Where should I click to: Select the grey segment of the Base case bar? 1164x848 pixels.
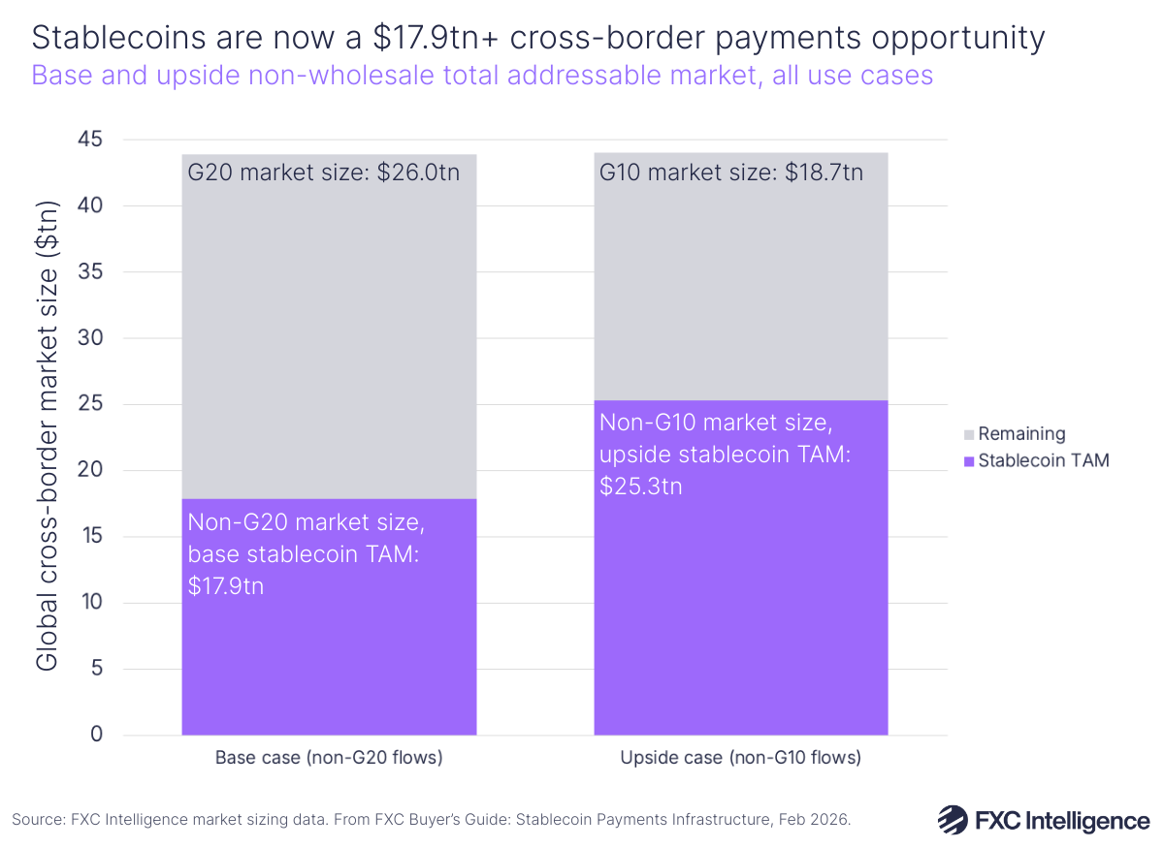[x=329, y=330]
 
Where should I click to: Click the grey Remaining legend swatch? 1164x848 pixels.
[x=968, y=434]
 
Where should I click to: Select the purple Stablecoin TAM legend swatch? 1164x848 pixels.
[x=968, y=460]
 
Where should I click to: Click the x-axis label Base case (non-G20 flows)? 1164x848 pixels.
[x=329, y=758]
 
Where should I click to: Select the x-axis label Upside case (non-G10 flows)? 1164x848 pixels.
[x=740, y=758]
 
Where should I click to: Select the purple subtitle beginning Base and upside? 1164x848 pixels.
[x=482, y=76]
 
